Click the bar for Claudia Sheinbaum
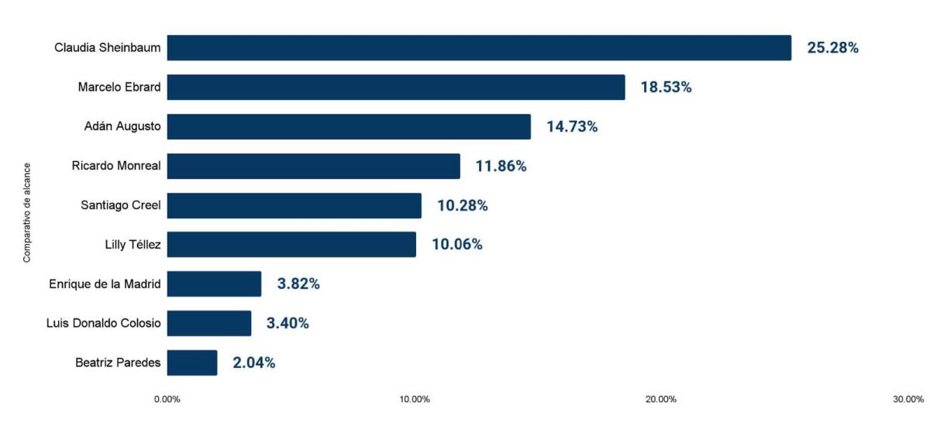click(479, 48)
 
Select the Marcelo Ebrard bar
click(395, 88)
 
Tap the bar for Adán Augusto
click(349, 127)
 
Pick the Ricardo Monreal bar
click(313, 167)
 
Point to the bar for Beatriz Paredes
click(191, 362)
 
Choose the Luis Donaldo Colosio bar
click(208, 323)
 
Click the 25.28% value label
click(832, 48)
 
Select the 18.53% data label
click(666, 88)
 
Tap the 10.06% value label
click(456, 245)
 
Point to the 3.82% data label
click(298, 284)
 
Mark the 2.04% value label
click(253, 362)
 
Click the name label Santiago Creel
click(121, 205)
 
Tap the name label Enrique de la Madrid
click(105, 284)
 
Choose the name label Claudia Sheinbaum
click(108, 48)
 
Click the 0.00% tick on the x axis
click(167, 400)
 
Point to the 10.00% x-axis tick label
click(415, 400)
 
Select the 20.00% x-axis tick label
click(661, 400)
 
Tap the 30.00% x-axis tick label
click(908, 400)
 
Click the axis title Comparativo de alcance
click(27, 212)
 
